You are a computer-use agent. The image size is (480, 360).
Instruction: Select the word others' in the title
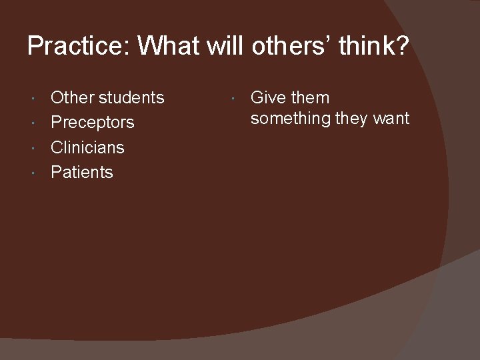(291, 46)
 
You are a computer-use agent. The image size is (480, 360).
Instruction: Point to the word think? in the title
(373, 46)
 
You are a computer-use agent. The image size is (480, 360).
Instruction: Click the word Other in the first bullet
(73, 97)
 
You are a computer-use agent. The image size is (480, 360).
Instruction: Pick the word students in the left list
(131, 97)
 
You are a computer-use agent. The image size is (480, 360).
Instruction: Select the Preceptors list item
(93, 123)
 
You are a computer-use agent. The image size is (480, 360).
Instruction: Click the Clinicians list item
(87, 147)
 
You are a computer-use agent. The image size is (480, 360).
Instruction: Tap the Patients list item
(82, 172)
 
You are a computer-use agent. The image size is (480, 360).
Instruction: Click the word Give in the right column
(268, 97)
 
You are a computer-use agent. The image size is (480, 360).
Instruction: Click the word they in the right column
(353, 119)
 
